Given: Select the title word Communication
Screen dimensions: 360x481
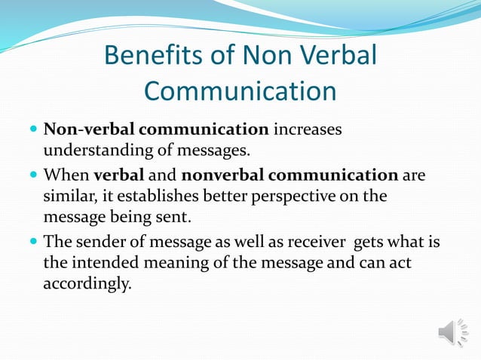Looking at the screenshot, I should point(240,91).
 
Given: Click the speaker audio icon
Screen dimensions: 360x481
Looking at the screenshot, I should point(452,332).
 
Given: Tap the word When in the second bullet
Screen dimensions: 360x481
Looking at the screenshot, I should point(66,175).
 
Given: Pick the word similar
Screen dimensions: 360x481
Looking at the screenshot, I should point(68,197).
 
